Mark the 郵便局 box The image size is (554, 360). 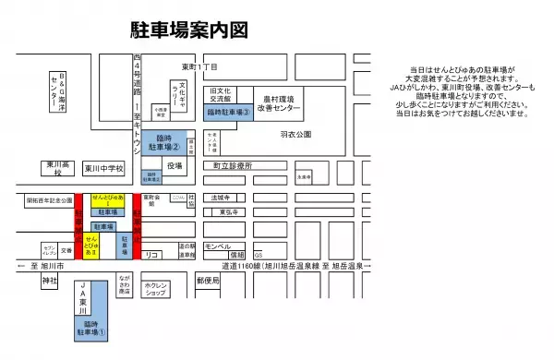(210, 282)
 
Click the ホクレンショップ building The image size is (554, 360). (162, 289)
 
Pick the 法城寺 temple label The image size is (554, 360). (220, 198)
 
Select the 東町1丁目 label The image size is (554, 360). (199, 68)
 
